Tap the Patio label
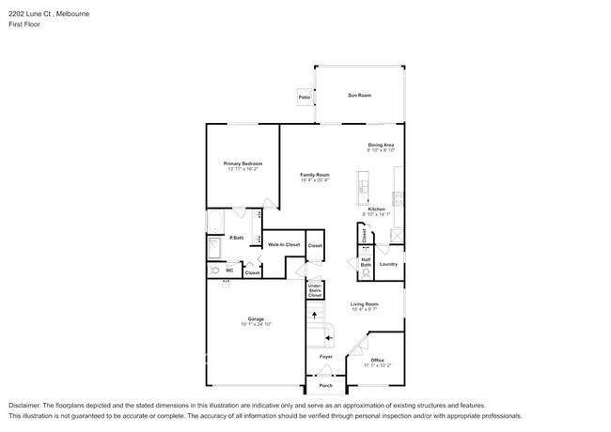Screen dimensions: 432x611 tap(305, 98)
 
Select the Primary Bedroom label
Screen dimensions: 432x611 tap(243, 163)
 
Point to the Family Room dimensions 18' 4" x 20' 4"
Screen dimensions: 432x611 tap(314, 180)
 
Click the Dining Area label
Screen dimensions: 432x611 tap(381, 145)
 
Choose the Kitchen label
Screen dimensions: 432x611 tap(376, 208)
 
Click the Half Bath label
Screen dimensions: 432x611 tap(366, 264)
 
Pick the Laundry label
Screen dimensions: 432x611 tap(388, 264)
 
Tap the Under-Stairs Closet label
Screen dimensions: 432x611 tap(315, 290)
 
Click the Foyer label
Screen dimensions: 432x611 tap(325, 357)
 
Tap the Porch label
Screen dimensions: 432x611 tap(325, 385)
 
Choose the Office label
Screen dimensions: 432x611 tap(377, 360)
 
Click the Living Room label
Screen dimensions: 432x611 tap(364, 303)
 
